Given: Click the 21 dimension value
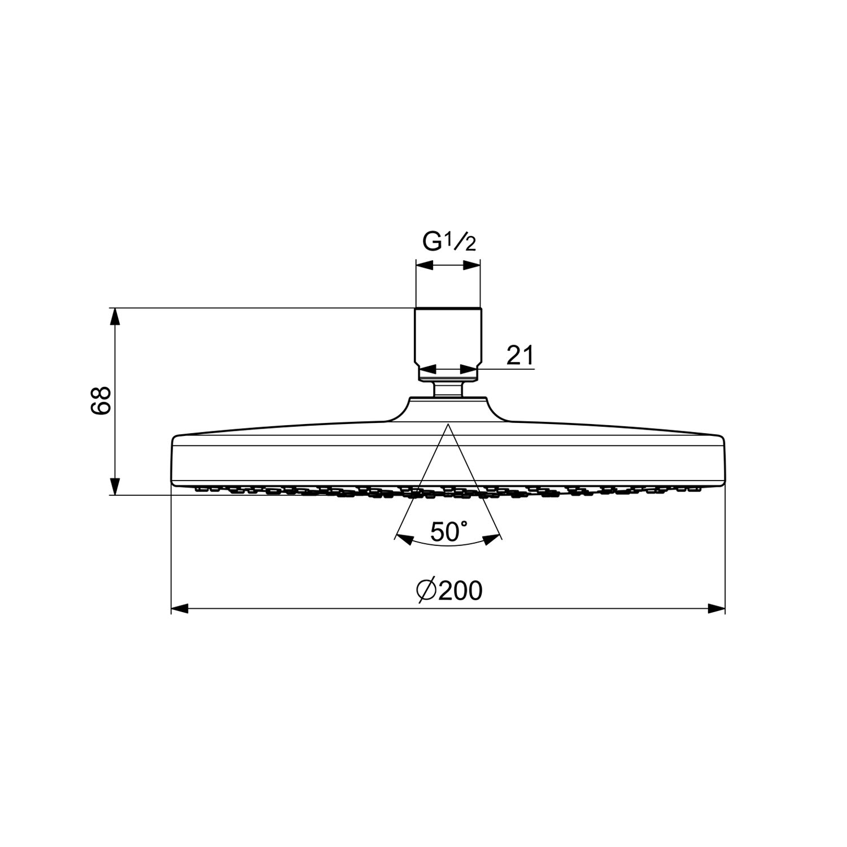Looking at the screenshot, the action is pyautogui.click(x=519, y=356).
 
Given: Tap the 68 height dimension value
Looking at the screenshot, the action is pyautogui.click(x=101, y=401).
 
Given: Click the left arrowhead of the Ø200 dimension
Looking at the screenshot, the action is pyautogui.click(x=179, y=608).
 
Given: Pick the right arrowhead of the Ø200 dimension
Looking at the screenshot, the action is pyautogui.click(x=717, y=608).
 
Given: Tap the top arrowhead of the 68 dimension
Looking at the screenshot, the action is pyautogui.click(x=115, y=317).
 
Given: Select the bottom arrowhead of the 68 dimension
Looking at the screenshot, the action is pyautogui.click(x=115, y=487).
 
